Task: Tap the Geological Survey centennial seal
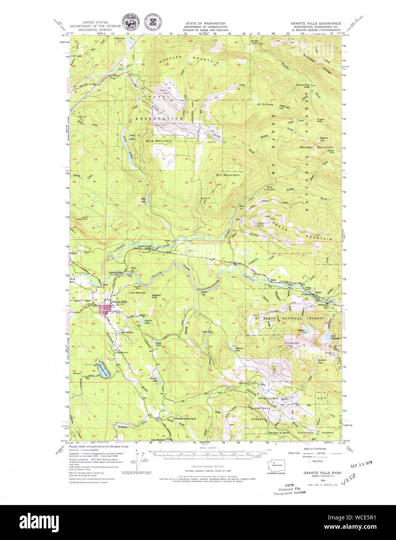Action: tap(153, 23)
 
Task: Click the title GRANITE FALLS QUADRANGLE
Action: tap(315, 23)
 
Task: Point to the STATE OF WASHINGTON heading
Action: tap(205, 24)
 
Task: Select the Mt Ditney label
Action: tap(265, 105)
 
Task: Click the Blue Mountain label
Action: tap(159, 141)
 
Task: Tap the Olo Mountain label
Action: tap(228, 175)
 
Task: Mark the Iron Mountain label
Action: tap(138, 293)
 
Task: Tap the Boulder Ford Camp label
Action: tap(303, 85)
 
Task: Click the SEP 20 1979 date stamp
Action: tap(361, 464)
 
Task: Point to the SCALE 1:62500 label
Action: tap(208, 448)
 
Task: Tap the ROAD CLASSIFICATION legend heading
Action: tap(315, 449)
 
